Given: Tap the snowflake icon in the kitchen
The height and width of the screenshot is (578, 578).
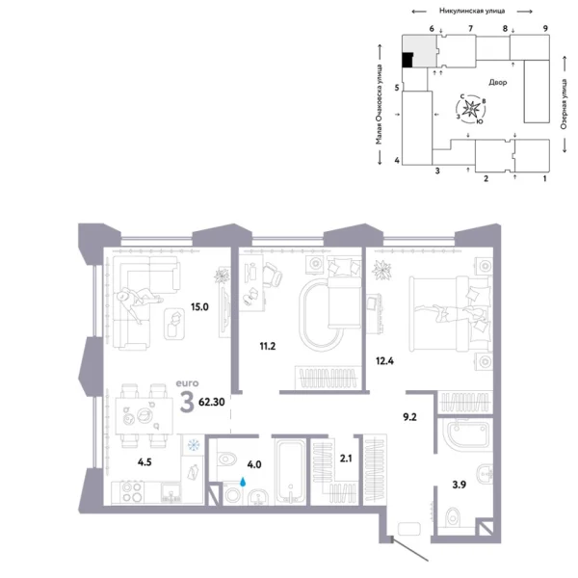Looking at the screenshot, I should click(194, 445).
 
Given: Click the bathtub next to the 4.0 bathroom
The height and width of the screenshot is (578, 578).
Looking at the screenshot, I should click(290, 471).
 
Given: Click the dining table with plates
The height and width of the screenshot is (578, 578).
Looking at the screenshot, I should click(140, 415).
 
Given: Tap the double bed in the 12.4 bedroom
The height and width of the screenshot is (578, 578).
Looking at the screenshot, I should click(447, 307).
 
